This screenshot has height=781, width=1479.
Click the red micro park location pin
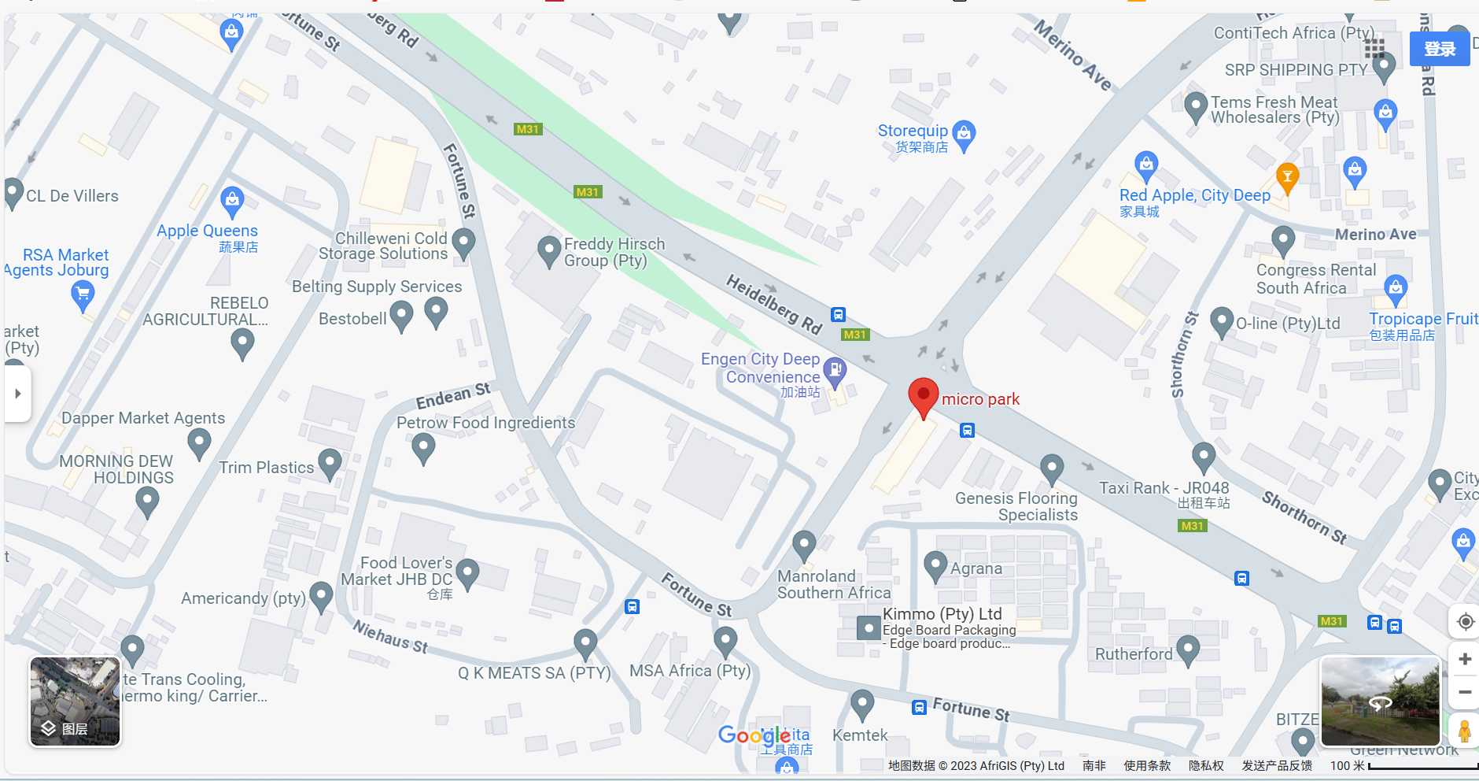[x=923, y=396]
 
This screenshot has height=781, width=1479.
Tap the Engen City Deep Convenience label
[x=761, y=368]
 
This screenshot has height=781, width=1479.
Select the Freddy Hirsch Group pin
[x=548, y=251]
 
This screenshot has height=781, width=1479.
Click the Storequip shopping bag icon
[x=964, y=135]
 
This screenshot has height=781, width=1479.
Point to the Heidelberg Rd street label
[x=773, y=304]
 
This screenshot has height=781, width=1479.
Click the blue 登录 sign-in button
[x=1439, y=49]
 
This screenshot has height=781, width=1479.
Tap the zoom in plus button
[x=1464, y=659]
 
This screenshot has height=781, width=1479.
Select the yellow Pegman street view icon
[x=1464, y=731]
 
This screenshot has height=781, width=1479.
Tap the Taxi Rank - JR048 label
[x=1164, y=488]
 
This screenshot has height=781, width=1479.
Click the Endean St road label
[x=453, y=395]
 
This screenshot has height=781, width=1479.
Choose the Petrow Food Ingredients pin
[x=423, y=448]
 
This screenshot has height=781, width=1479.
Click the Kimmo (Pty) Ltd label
[x=942, y=614]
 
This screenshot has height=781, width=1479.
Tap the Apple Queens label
[x=207, y=231]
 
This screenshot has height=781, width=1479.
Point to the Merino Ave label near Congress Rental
[x=1375, y=235]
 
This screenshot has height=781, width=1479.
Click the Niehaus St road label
[x=390, y=636]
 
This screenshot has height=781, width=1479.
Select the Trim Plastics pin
[x=329, y=463]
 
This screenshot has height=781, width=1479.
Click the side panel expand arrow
[x=17, y=393]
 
